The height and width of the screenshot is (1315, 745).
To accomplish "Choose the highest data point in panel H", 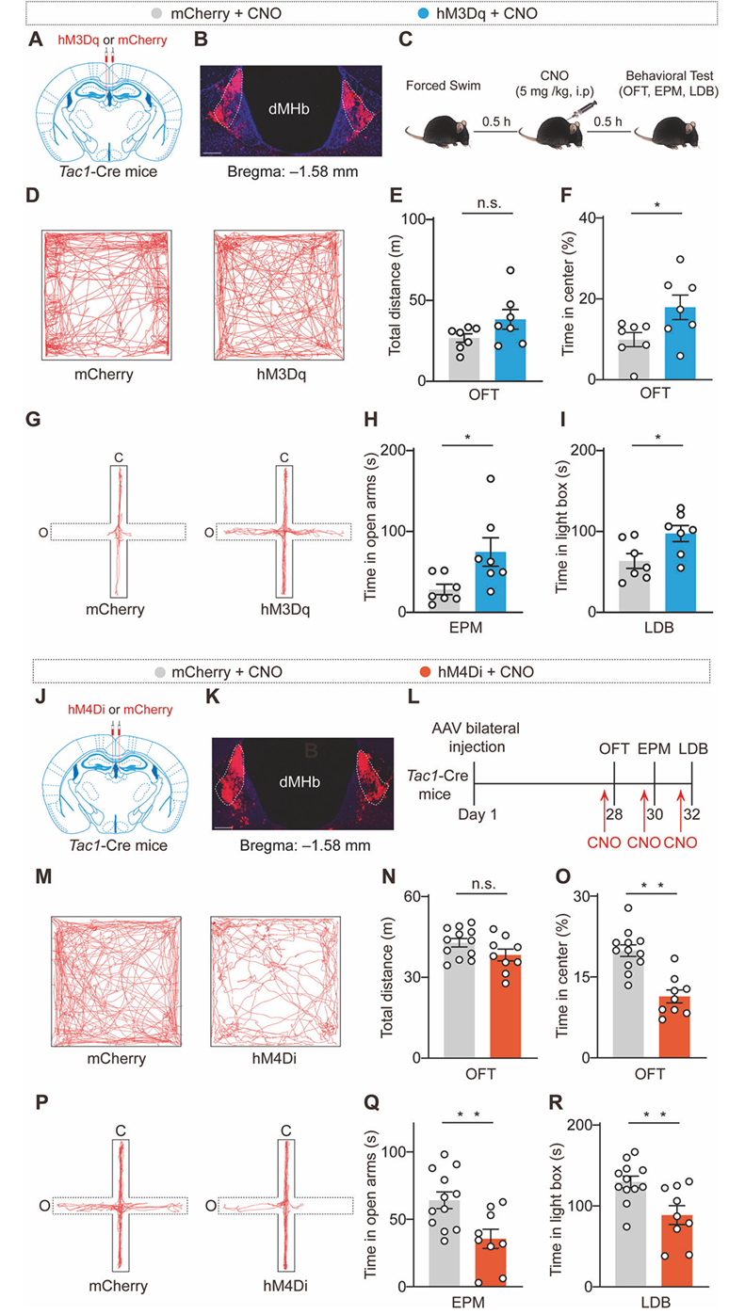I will (490, 479).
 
